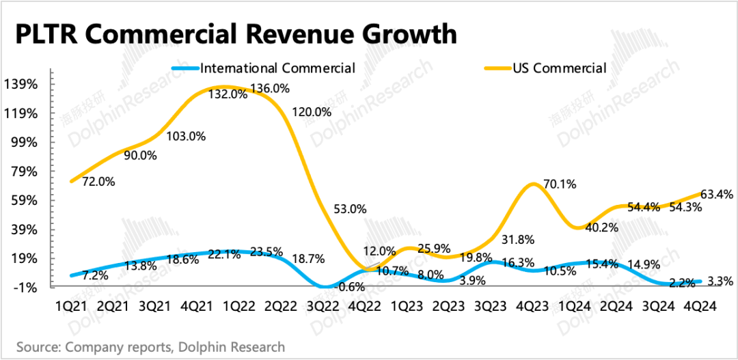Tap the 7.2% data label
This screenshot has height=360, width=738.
(94, 276)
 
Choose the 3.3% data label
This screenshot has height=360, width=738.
(721, 280)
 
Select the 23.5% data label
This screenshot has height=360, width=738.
(266, 252)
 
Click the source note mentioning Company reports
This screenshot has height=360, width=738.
(150, 347)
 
